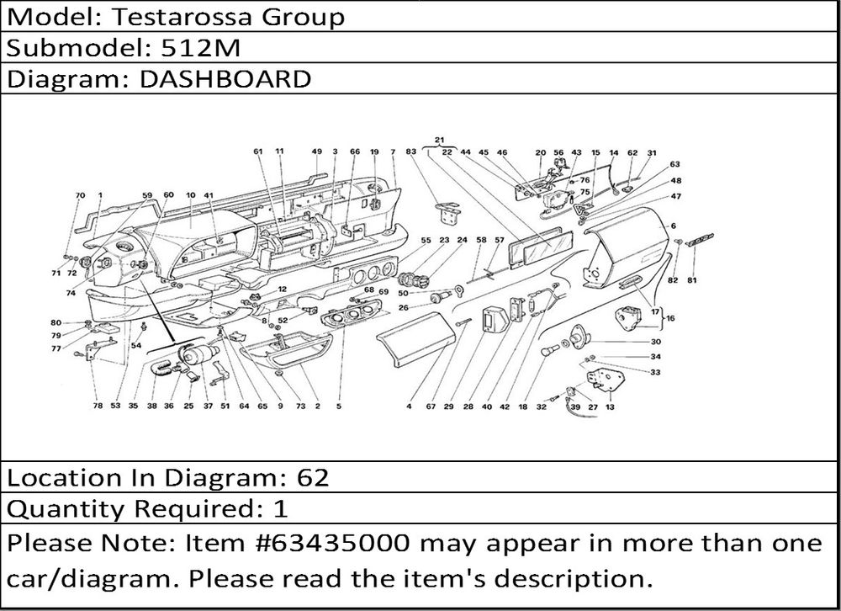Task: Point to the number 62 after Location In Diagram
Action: click(312, 478)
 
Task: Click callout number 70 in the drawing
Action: click(80, 195)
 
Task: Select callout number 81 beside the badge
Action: click(692, 279)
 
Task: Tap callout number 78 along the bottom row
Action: click(98, 406)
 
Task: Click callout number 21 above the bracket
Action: click(439, 140)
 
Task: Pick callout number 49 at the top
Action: click(316, 152)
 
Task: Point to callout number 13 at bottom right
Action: click(609, 406)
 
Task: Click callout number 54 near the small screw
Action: click(135, 346)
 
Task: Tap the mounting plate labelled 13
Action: click(604, 376)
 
